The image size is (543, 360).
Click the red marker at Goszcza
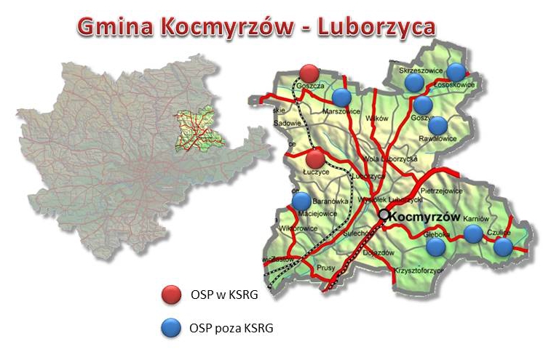click(x=309, y=73)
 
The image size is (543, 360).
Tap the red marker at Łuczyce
click(x=315, y=159)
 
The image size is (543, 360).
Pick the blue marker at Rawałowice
click(x=437, y=125)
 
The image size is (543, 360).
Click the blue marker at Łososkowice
click(x=456, y=71)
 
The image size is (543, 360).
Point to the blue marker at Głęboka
click(x=435, y=247)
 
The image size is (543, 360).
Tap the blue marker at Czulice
click(x=503, y=247)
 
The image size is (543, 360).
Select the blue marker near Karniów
click(x=473, y=233)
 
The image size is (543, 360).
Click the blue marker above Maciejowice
click(x=301, y=201)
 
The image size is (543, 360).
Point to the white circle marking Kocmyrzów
click(x=384, y=215)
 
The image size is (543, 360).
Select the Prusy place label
click(x=327, y=268)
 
